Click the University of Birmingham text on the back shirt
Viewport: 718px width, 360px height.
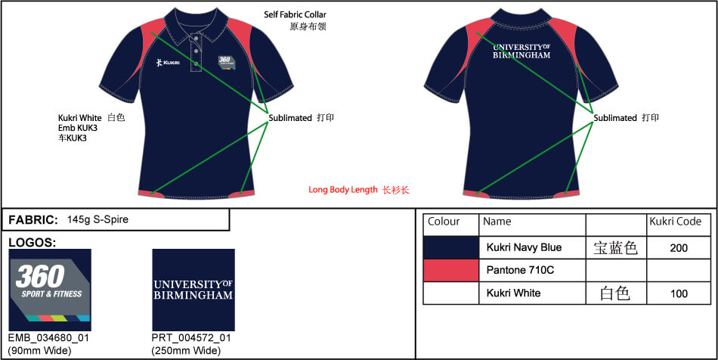click(521, 51)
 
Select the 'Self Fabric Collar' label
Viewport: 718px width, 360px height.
click(295, 14)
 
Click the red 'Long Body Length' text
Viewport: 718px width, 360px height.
click(343, 190)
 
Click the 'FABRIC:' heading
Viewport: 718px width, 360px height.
click(33, 220)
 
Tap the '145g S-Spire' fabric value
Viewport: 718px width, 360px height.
click(97, 220)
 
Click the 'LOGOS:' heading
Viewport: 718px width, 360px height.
click(32, 243)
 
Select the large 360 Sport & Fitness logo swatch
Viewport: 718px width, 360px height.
click(50, 290)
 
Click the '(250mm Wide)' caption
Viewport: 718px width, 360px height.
click(186, 351)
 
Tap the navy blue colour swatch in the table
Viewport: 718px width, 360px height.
click(451, 247)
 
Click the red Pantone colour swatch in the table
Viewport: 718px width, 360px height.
click(451, 270)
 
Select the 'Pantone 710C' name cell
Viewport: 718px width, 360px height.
click(520, 270)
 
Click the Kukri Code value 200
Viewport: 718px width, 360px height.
click(679, 248)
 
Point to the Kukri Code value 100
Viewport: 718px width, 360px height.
click(679, 293)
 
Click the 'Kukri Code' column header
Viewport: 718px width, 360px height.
click(676, 222)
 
